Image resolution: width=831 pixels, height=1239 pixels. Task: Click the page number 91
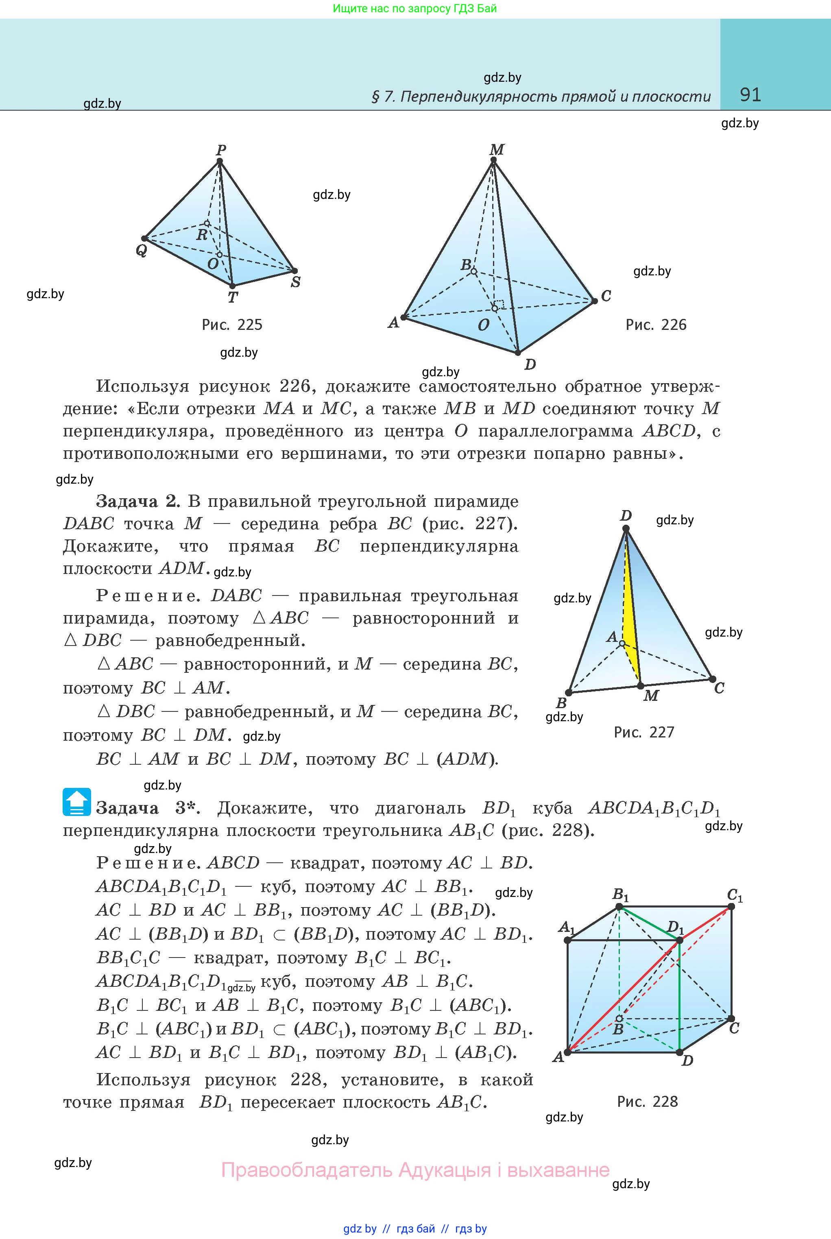(x=750, y=95)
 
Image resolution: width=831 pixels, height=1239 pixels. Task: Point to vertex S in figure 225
(x=294, y=271)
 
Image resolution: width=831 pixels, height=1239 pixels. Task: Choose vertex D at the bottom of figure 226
(x=518, y=352)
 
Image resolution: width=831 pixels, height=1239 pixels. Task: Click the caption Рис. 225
(x=232, y=324)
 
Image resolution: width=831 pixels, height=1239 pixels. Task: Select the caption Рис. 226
(x=656, y=324)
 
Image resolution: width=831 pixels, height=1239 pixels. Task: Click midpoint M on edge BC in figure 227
(x=640, y=686)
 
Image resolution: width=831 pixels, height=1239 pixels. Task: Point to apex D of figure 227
(x=626, y=529)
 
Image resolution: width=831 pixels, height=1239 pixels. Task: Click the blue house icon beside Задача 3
(x=76, y=802)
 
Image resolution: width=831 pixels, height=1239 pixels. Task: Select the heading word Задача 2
(x=138, y=501)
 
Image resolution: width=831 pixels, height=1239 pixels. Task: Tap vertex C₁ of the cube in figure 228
(x=731, y=907)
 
